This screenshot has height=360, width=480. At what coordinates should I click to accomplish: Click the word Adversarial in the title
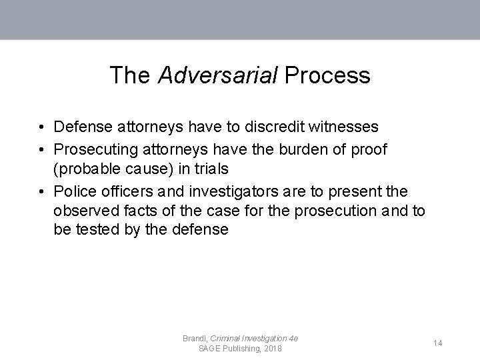click(x=217, y=75)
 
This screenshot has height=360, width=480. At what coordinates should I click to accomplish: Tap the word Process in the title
click(x=327, y=75)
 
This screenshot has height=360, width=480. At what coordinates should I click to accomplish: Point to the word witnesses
click(x=345, y=127)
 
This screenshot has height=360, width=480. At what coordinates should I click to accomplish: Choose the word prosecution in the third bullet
click(x=341, y=211)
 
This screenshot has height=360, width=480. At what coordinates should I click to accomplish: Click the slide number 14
click(x=438, y=343)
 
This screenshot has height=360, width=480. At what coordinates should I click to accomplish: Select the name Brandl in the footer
click(x=195, y=339)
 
